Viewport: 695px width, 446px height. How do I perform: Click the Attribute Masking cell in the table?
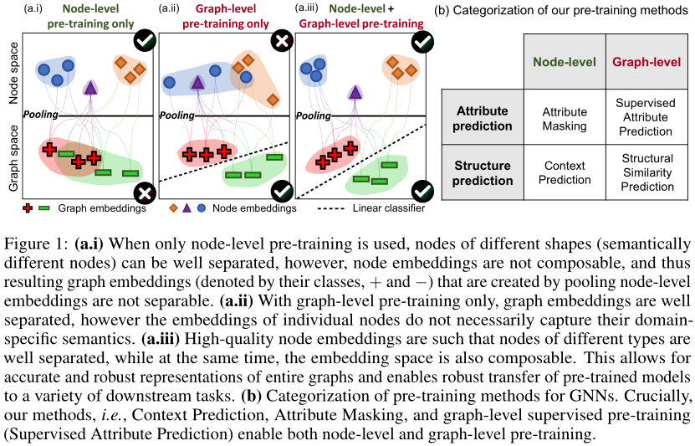(x=565, y=118)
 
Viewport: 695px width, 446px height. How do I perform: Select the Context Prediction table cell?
(x=565, y=171)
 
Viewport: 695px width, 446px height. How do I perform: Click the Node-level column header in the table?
(x=565, y=62)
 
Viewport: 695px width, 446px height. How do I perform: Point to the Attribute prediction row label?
(x=483, y=118)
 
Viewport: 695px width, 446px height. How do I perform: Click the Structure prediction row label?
(x=483, y=171)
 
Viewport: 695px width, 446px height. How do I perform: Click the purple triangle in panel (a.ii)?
(x=197, y=81)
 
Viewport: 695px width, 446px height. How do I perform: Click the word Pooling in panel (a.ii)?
(x=176, y=115)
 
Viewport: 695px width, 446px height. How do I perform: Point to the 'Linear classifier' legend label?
(x=386, y=208)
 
